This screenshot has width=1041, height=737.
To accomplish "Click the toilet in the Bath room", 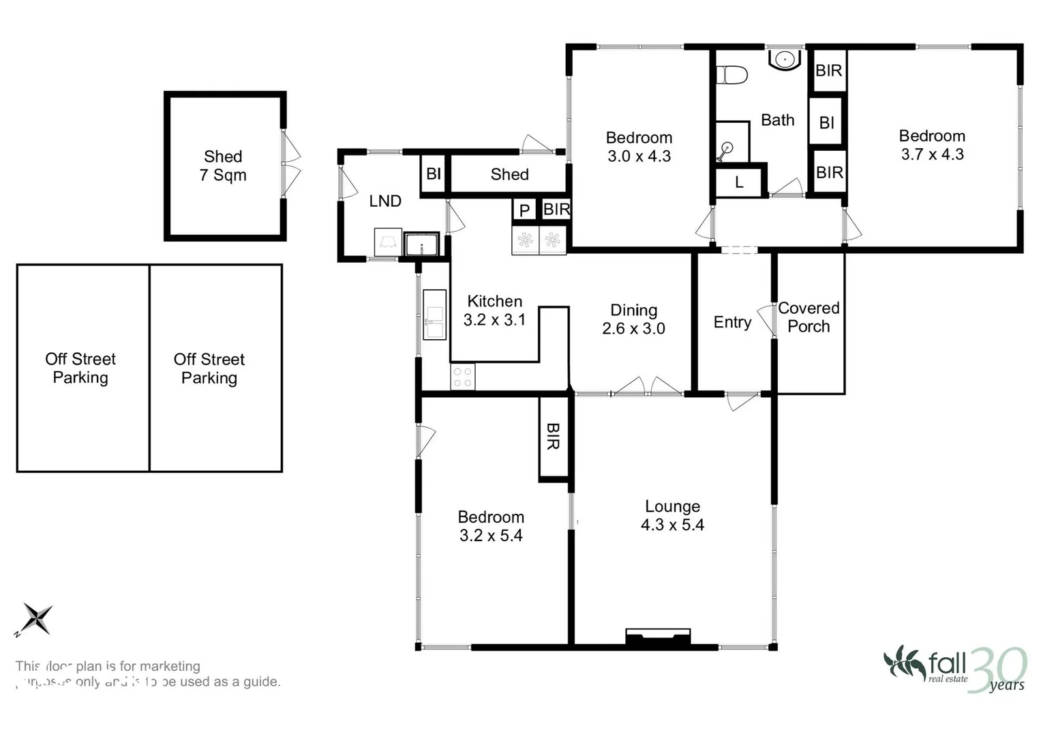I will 731,74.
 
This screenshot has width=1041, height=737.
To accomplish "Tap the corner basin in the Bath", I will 785,59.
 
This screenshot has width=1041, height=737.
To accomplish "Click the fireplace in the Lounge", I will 658,637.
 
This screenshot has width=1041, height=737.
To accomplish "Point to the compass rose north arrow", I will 36,619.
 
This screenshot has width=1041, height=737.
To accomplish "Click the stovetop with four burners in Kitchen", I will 463,377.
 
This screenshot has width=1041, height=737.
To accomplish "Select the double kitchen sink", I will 434,315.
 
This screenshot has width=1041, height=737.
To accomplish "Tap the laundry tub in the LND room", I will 421,244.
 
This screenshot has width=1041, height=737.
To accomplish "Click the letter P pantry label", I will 524,210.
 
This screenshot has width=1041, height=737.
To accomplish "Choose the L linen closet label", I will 739,183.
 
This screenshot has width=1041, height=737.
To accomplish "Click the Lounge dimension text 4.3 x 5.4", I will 672,525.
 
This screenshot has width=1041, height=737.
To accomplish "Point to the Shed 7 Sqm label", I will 223,166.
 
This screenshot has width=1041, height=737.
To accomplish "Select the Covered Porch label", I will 809,317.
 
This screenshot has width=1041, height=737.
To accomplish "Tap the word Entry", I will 732,322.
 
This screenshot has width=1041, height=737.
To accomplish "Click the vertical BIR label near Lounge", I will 554,437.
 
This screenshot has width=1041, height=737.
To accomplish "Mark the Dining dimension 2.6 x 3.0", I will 633,328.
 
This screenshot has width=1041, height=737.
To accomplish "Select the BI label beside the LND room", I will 434,174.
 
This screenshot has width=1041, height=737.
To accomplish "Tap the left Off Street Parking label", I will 80,369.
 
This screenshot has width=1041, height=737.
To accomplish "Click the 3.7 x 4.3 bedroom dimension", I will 932,154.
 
